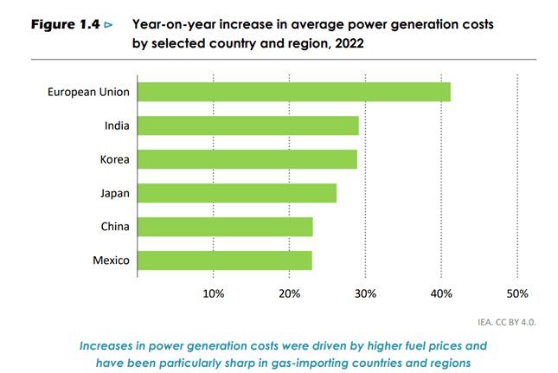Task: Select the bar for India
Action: point(247,125)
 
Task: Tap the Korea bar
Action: point(247,159)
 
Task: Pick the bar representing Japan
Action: point(236,193)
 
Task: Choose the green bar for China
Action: point(225,227)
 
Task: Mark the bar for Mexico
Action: point(224,260)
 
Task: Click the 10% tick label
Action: point(214,293)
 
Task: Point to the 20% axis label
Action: point(290,293)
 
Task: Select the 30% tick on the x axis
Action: point(365,293)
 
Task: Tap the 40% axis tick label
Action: point(441,293)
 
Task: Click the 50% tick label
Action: point(517,293)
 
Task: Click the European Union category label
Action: point(88,92)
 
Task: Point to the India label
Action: point(117,125)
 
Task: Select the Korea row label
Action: point(114,159)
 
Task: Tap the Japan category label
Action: point(114,193)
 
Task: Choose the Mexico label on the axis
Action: point(112,260)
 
